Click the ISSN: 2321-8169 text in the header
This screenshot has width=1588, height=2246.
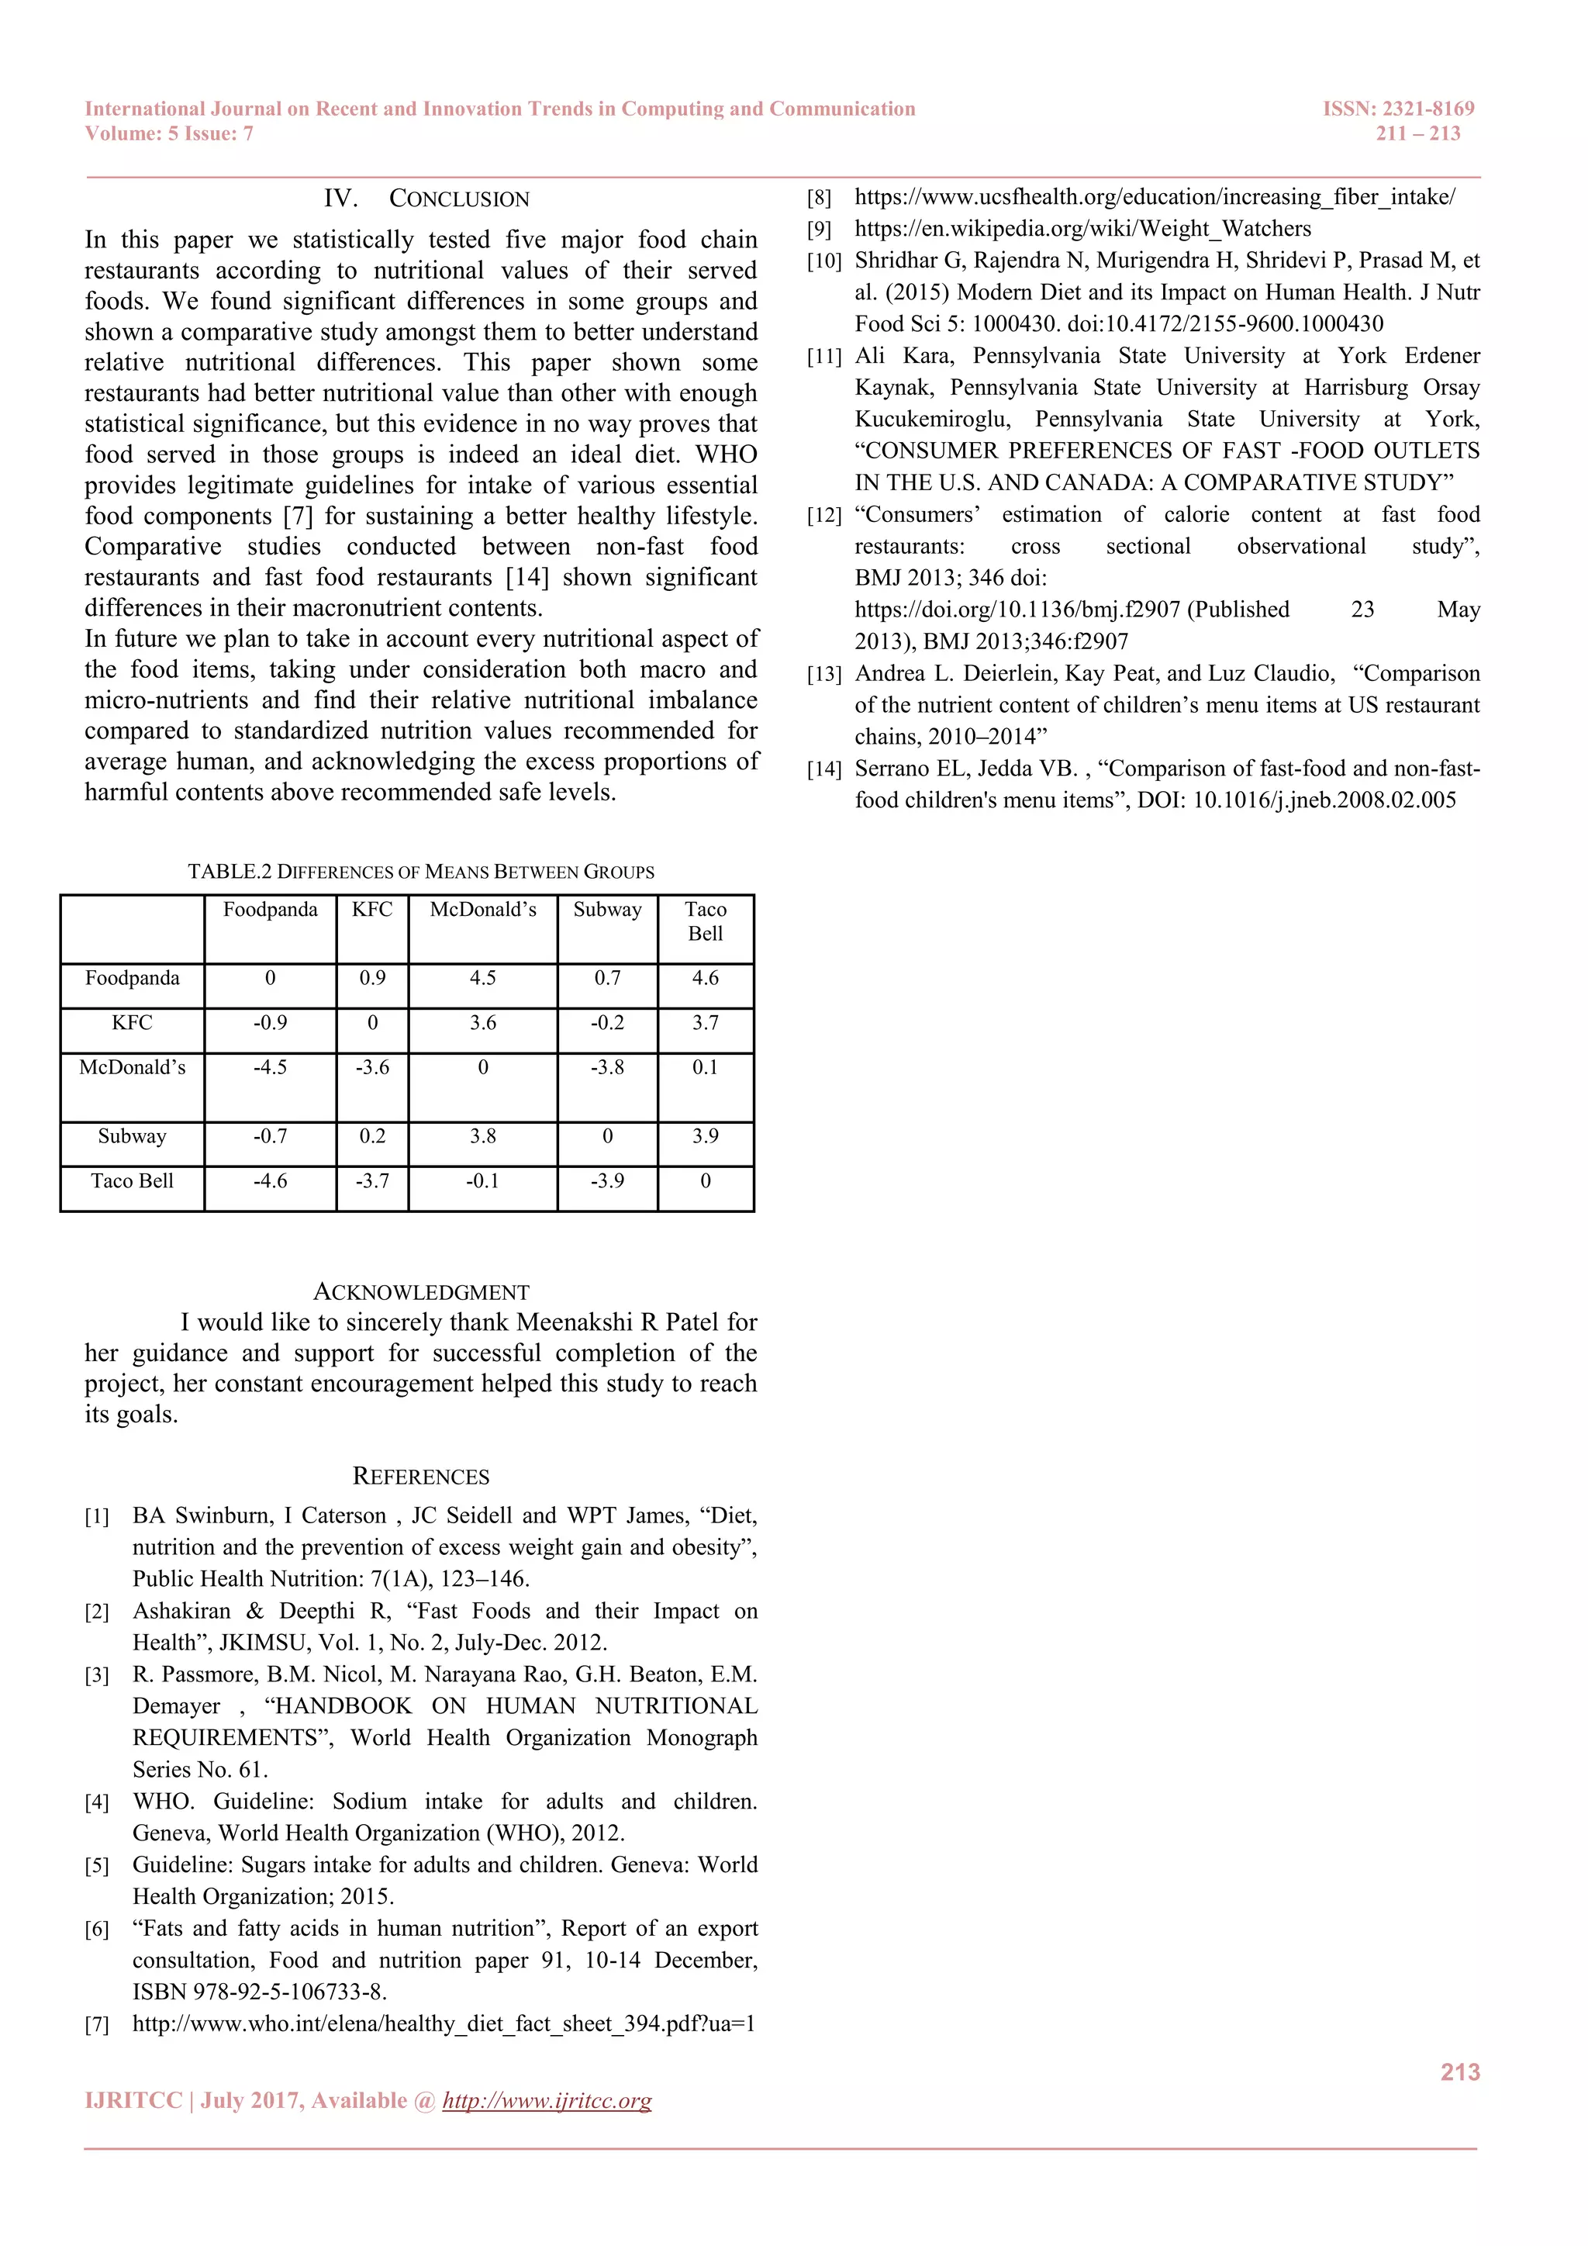(1398, 109)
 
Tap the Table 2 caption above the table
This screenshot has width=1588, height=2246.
(420, 872)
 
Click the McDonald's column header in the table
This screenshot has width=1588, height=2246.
(483, 910)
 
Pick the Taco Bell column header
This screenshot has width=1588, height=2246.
(705, 921)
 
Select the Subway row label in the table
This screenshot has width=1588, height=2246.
(132, 1135)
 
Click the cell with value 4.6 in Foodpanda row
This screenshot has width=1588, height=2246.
(705, 978)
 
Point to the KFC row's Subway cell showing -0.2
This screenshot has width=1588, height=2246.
(607, 1022)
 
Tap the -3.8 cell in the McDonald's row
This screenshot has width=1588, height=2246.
(607, 1067)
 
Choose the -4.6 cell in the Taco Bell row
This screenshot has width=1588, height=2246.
(270, 1180)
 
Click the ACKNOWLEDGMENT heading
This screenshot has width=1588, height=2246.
(420, 1292)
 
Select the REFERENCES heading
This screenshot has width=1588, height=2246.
(420, 1476)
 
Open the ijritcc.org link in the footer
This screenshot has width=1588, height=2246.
(547, 2100)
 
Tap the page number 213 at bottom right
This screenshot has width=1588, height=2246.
(1459, 2072)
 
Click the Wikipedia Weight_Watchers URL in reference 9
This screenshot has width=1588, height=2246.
(1082, 229)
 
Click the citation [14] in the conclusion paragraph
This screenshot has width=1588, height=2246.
(527, 577)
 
